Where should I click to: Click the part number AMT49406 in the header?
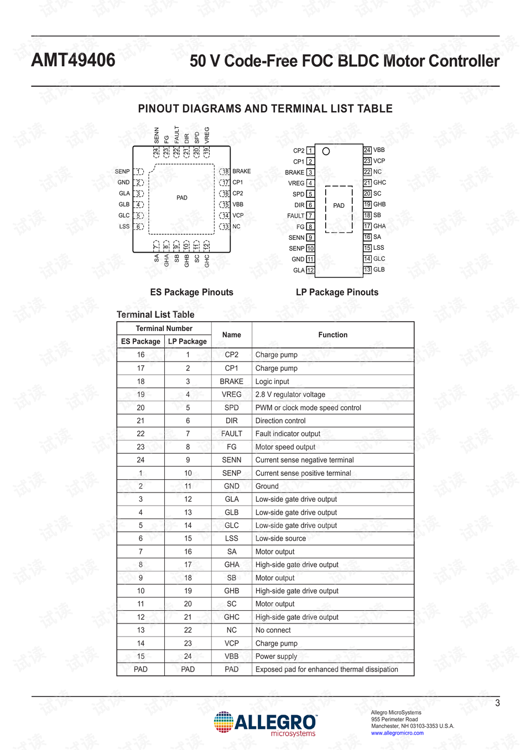[x=73, y=60]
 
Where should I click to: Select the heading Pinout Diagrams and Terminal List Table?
[x=265, y=109]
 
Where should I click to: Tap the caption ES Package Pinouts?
[x=191, y=292]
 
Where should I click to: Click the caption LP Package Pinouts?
[x=337, y=292]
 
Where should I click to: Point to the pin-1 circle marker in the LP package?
[x=326, y=151]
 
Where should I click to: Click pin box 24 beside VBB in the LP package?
[x=367, y=150]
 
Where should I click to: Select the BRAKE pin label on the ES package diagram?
[x=241, y=171]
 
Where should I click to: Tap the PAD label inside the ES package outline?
[x=182, y=198]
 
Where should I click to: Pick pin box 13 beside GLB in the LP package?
[x=367, y=270]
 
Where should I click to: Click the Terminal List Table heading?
[x=155, y=314]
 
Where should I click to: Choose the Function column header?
[x=332, y=335]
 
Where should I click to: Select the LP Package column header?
[x=188, y=342]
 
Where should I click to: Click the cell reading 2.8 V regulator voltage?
[x=290, y=395]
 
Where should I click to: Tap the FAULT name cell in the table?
[x=231, y=434]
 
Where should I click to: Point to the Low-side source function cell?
[x=280, y=538]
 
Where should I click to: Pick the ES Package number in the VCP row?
[x=140, y=643]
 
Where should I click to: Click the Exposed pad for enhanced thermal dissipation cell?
[x=326, y=669]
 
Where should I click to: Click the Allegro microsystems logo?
[x=265, y=723]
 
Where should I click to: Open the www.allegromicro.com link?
[x=397, y=733]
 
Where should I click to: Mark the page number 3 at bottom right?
[x=497, y=703]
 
